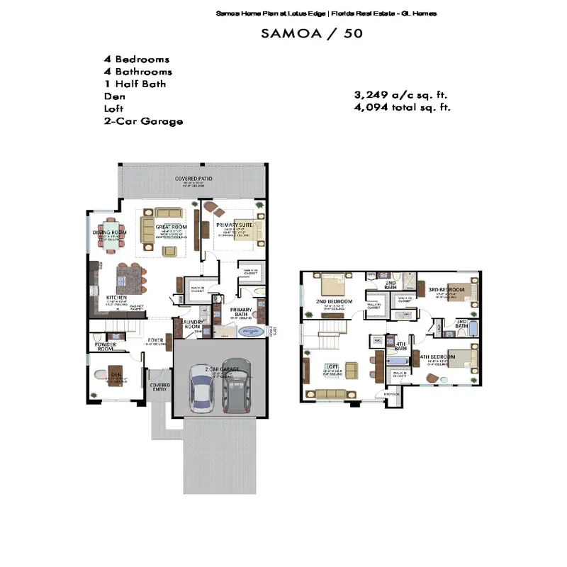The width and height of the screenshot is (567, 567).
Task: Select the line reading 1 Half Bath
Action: pos(135,84)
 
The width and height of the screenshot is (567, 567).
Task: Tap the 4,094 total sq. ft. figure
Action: pos(402,108)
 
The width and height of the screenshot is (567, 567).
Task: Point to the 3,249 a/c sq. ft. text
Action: pos(400,95)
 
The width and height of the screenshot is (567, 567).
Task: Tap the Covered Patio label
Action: pos(194,179)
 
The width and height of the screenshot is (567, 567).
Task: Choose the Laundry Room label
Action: pos(193,324)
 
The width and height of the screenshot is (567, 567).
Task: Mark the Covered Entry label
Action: pos(159,388)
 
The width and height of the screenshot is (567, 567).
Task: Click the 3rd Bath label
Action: pos(461,324)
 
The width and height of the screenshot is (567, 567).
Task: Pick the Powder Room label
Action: pos(106,347)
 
